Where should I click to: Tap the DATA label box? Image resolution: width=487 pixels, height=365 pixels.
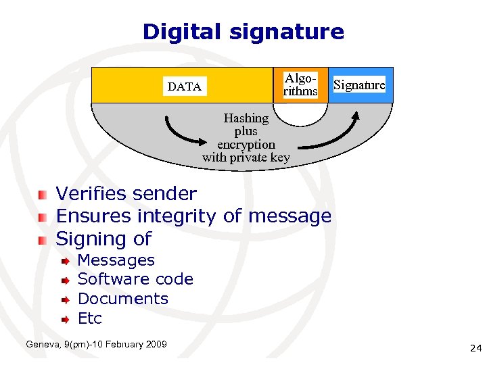click(184, 87)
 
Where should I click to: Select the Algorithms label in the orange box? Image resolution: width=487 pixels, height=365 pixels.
click(300, 84)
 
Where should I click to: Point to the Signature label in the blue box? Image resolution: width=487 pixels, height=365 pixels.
click(359, 85)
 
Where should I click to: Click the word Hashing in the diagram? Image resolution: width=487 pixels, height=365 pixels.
click(246, 118)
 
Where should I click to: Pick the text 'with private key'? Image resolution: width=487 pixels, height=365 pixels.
click(246, 157)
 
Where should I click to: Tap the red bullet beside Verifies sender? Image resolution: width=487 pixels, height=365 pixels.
click(43, 195)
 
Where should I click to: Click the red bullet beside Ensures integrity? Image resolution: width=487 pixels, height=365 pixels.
click(43, 217)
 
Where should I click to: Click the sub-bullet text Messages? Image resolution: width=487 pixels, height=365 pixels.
click(116, 260)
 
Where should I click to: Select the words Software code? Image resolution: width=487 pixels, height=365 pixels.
click(135, 279)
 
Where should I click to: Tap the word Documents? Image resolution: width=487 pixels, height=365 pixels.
click(123, 299)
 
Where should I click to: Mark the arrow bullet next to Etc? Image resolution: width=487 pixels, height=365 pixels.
click(64, 318)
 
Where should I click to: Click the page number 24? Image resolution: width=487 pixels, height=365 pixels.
click(475, 349)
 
